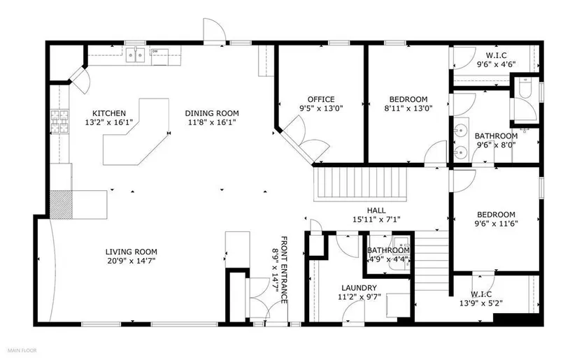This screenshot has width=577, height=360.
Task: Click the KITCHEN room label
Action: [109, 113]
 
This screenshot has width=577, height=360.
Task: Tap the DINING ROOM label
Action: [212, 113]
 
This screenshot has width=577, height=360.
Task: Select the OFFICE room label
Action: [321, 99]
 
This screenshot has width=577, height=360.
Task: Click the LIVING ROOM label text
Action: [131, 252]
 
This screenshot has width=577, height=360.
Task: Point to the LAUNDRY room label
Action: [359, 288]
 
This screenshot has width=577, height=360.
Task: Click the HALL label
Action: [376, 210]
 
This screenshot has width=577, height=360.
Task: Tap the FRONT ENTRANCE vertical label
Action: [284, 270]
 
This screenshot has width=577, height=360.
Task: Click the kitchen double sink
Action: [135, 55]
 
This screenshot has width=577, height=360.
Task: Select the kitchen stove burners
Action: [59, 122]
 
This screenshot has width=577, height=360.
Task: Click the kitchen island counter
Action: [137, 132]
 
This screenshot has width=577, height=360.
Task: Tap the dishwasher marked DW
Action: [159, 57]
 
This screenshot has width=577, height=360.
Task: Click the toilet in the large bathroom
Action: [525, 88]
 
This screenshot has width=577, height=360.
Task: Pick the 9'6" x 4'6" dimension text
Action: [496, 64]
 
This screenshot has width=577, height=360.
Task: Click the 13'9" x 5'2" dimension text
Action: [481, 303]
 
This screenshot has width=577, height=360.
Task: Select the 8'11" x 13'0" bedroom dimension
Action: [408, 108]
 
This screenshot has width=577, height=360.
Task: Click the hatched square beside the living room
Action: [61, 204]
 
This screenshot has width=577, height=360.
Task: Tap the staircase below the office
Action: [360, 185]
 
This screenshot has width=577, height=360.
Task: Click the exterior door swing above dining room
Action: [215, 31]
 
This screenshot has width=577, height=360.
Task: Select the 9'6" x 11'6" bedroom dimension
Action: [496, 223]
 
